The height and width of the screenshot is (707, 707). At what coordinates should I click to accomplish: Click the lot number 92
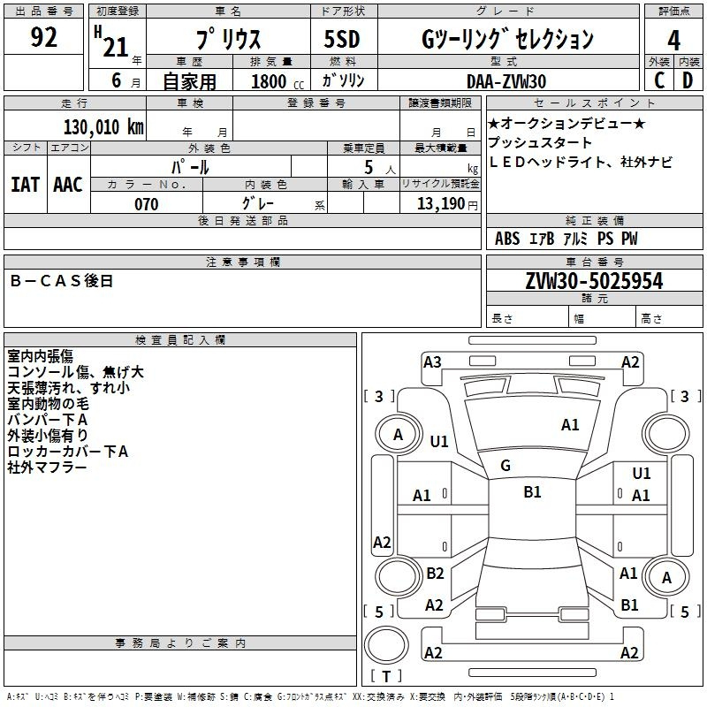(x=43, y=37)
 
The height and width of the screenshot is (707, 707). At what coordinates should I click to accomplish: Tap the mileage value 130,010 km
(x=103, y=127)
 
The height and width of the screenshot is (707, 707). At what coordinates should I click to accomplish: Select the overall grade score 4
(x=673, y=40)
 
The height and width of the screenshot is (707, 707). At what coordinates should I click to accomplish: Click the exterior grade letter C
(x=659, y=80)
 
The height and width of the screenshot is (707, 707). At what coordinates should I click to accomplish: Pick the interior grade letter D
(x=688, y=80)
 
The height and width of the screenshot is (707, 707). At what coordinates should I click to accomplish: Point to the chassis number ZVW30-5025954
(x=594, y=280)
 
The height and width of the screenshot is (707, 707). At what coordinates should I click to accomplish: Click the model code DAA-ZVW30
(x=506, y=81)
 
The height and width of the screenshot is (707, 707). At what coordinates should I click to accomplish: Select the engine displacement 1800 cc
(x=277, y=81)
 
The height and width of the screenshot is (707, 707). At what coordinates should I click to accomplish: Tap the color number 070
(x=147, y=204)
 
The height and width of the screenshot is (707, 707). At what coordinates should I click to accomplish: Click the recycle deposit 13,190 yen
(x=447, y=204)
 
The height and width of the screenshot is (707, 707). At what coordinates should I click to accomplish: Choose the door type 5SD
(x=342, y=38)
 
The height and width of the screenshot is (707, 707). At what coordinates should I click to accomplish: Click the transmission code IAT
(x=26, y=185)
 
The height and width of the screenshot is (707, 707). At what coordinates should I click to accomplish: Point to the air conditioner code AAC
(x=68, y=185)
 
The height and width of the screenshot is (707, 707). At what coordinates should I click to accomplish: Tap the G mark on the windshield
(x=506, y=466)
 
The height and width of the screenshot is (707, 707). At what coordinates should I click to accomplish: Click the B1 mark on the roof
(x=533, y=491)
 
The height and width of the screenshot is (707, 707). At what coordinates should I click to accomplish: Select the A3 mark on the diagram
(x=432, y=362)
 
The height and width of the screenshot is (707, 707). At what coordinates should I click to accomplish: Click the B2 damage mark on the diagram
(x=435, y=573)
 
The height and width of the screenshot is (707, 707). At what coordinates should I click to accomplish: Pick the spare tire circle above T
(x=386, y=645)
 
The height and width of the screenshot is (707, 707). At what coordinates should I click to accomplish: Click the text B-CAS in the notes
(x=45, y=281)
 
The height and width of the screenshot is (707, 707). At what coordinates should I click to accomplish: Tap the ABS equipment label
(x=507, y=239)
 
